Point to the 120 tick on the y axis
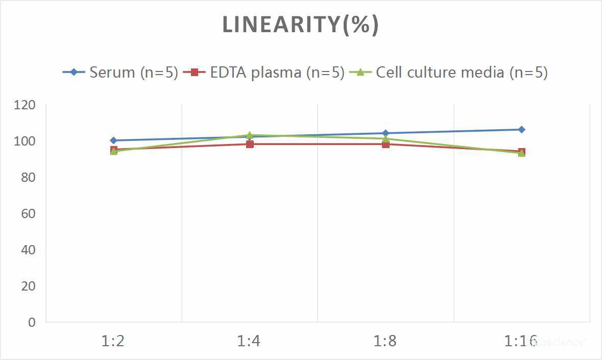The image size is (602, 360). [x=25, y=105]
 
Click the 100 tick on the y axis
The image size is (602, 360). [x=25, y=141]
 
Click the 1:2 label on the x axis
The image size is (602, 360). [x=113, y=341]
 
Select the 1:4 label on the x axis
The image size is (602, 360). [x=249, y=341]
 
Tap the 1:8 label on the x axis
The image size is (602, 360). [x=385, y=341]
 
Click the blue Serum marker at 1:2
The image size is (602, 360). [x=113, y=140]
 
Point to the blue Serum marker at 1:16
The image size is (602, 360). [x=521, y=130]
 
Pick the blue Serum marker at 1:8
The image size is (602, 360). [x=386, y=133]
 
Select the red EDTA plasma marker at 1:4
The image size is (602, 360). [x=250, y=144]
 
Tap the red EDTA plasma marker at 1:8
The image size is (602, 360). [x=386, y=144]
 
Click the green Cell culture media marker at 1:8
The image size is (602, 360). [x=386, y=138]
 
